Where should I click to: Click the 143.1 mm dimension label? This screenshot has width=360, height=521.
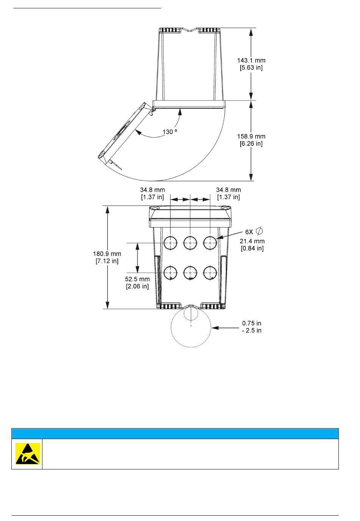point(251,60)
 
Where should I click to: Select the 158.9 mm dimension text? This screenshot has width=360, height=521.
point(251,136)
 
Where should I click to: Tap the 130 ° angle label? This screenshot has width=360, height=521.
point(170,132)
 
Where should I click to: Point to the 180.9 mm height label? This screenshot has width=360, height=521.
point(107,254)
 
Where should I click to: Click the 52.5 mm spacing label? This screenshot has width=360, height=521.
point(137,279)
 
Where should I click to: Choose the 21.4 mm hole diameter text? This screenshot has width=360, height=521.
point(252,241)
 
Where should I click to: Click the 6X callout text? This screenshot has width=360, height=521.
point(249,232)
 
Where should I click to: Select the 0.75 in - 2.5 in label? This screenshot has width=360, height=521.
point(252,326)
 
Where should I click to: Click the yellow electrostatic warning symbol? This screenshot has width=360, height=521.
point(28,454)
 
